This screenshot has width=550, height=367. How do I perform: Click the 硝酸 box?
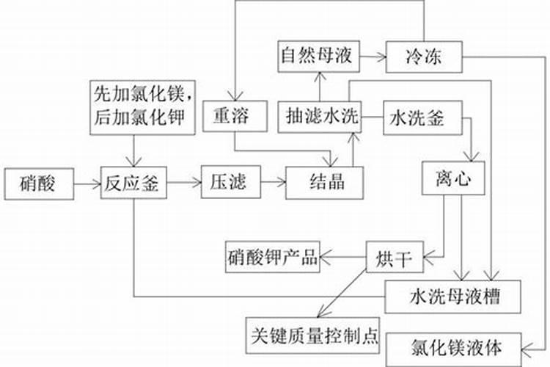[40, 183]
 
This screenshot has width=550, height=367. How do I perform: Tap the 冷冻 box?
[423, 55]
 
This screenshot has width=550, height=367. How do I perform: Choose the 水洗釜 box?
[417, 117]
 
